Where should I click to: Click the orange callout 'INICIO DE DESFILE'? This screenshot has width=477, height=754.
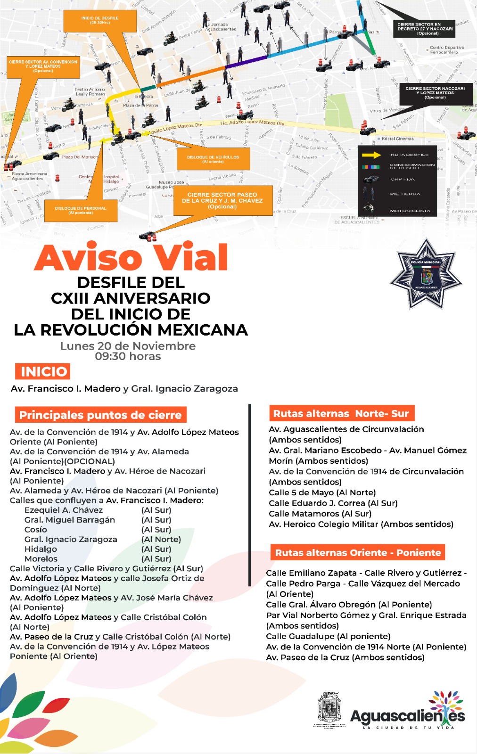[100, 20]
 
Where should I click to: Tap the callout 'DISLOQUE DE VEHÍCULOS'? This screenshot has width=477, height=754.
[213, 159]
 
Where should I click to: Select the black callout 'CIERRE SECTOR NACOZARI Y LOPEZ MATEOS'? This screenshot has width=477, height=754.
[435, 92]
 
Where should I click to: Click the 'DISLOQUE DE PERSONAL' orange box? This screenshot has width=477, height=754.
[81, 210]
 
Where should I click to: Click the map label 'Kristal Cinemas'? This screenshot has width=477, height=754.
[397, 139]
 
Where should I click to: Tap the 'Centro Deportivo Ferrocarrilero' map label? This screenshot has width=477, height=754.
[447, 49]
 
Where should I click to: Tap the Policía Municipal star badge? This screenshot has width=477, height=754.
[426, 274]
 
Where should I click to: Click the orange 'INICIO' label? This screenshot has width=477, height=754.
[43, 371]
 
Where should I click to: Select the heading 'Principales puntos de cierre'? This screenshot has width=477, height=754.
[100, 415]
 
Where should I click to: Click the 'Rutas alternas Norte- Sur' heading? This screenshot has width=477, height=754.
[341, 413]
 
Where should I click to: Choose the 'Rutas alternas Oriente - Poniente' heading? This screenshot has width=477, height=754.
[358, 552]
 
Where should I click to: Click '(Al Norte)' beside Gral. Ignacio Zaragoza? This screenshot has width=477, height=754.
[161, 539]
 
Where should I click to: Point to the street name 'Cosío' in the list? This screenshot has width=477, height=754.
[36, 529]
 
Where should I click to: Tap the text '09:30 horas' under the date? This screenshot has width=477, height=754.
[128, 356]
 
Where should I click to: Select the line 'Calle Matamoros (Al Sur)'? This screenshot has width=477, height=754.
[320, 514]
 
